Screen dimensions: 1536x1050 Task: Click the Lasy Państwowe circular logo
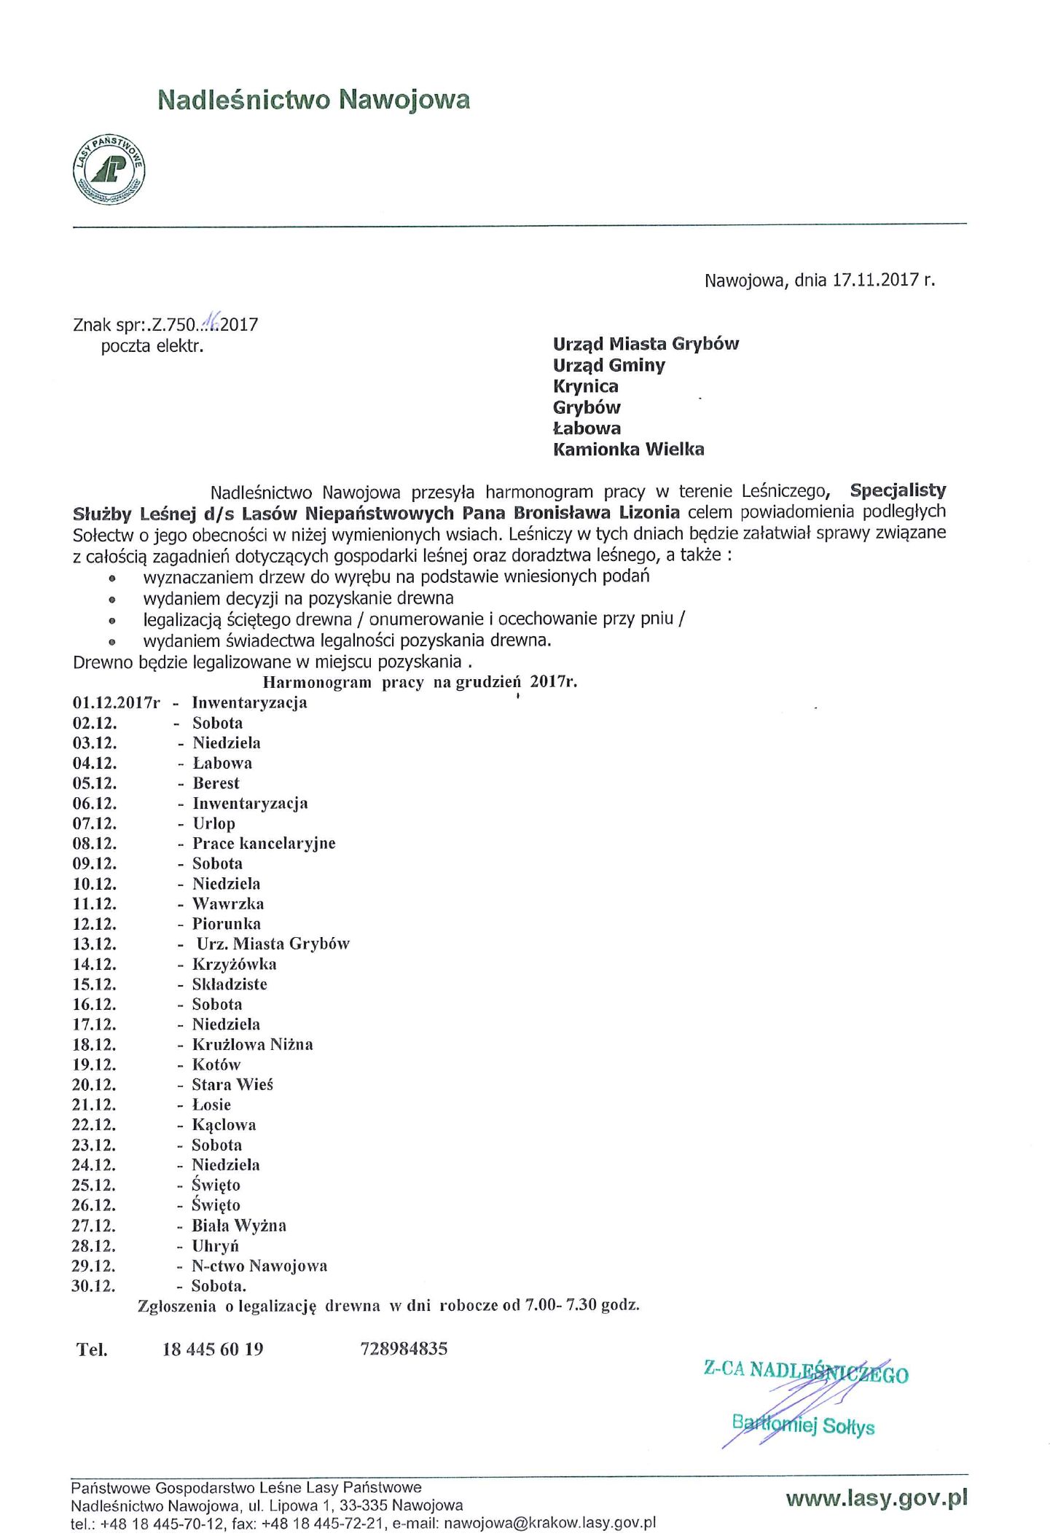coord(109,169)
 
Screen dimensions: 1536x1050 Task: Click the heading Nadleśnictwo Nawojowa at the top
coord(314,99)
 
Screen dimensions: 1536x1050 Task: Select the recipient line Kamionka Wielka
coord(628,450)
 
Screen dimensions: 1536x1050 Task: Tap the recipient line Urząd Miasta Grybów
coord(646,344)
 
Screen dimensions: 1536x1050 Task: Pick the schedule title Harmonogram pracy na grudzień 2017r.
coord(420,682)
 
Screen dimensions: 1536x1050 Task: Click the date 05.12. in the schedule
coord(95,783)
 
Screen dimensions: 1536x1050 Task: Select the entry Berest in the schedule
coord(216,783)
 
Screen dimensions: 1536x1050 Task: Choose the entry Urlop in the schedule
coord(213,823)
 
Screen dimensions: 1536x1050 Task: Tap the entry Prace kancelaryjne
coord(264,844)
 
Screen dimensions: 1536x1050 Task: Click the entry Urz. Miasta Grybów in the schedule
coord(273,944)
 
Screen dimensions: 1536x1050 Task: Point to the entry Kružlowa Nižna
coord(252,1045)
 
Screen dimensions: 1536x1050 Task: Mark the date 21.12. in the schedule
coord(94,1105)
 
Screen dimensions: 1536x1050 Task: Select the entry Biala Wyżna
coord(239,1226)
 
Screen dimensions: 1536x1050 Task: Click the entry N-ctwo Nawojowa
coord(259,1266)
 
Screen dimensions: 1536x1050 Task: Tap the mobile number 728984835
coord(404,1349)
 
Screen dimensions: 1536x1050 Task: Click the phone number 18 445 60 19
coord(213,1349)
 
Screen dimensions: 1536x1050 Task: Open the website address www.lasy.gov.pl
coord(877,1498)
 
